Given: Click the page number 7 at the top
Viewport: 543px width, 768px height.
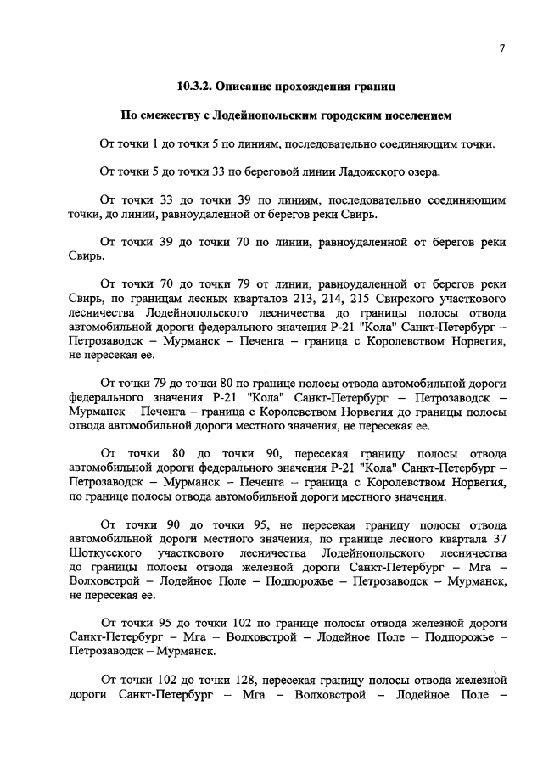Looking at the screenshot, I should coord(502,49).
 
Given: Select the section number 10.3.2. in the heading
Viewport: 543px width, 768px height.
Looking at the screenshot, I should coord(197,87).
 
